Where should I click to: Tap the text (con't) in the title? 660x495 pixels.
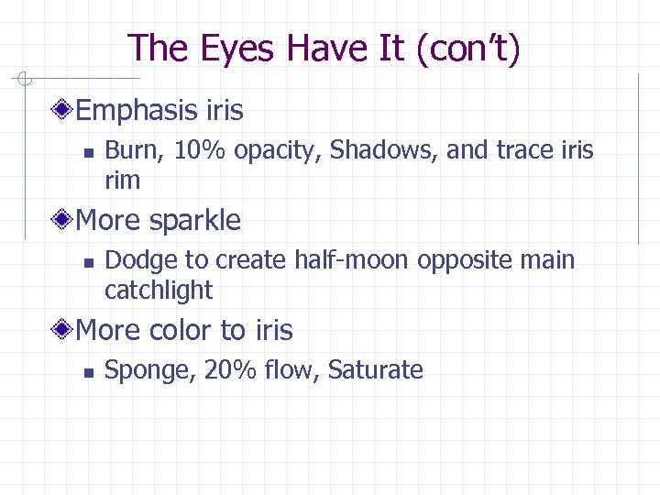point(467,48)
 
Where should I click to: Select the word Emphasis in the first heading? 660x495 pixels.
point(136,111)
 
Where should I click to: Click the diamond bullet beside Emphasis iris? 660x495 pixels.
point(62,111)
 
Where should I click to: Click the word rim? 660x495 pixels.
point(122,181)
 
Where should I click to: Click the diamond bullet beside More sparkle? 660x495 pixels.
point(62,220)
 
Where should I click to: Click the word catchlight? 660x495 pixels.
point(159,291)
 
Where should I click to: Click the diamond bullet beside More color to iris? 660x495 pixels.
point(62,330)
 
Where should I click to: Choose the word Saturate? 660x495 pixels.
point(375,370)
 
